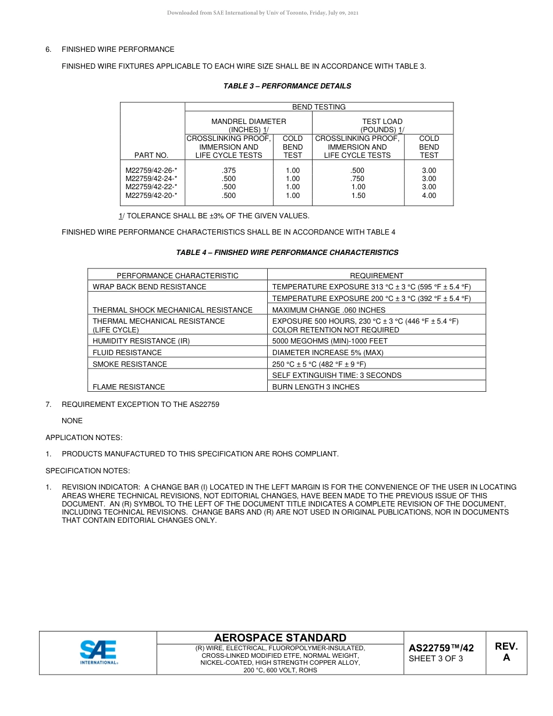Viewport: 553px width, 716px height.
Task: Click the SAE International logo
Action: pyautogui.click(x=98, y=653)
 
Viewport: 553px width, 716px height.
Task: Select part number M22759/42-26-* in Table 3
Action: pyautogui.click(x=151, y=171)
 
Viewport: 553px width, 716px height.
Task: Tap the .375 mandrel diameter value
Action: pyautogui.click(x=229, y=171)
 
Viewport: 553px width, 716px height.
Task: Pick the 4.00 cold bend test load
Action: pyautogui.click(x=428, y=196)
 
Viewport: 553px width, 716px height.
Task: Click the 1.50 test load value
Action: pyautogui.click(x=358, y=196)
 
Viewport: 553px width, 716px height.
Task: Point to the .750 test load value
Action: pyautogui.click(x=358, y=179)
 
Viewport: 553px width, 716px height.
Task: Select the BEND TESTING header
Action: pyautogui.click(x=318, y=107)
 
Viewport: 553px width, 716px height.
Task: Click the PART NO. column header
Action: pyautogui.click(x=151, y=155)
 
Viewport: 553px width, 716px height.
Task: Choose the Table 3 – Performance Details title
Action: pyautogui.click(x=287, y=86)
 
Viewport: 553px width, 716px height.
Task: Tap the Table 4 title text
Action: pyautogui.click(x=287, y=253)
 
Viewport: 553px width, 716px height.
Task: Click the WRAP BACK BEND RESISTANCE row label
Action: pyautogui.click(x=150, y=287)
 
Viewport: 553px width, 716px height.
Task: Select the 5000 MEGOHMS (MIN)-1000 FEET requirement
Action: pyautogui.click(x=330, y=341)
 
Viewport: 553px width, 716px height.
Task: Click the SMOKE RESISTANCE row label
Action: pyautogui.click(x=130, y=364)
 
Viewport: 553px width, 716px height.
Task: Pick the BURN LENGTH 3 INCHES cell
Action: pyautogui.click(x=316, y=387)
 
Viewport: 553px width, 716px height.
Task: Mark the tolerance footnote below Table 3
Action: pyautogui.click(x=214, y=216)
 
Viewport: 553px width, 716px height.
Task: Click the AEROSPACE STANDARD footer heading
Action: pyautogui.click(x=280, y=638)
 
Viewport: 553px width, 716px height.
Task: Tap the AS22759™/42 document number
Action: pyautogui.click(x=441, y=648)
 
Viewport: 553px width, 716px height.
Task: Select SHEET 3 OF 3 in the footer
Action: pyautogui.click(x=436, y=659)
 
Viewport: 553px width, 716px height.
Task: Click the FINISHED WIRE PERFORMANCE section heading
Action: pyautogui.click(x=118, y=49)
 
